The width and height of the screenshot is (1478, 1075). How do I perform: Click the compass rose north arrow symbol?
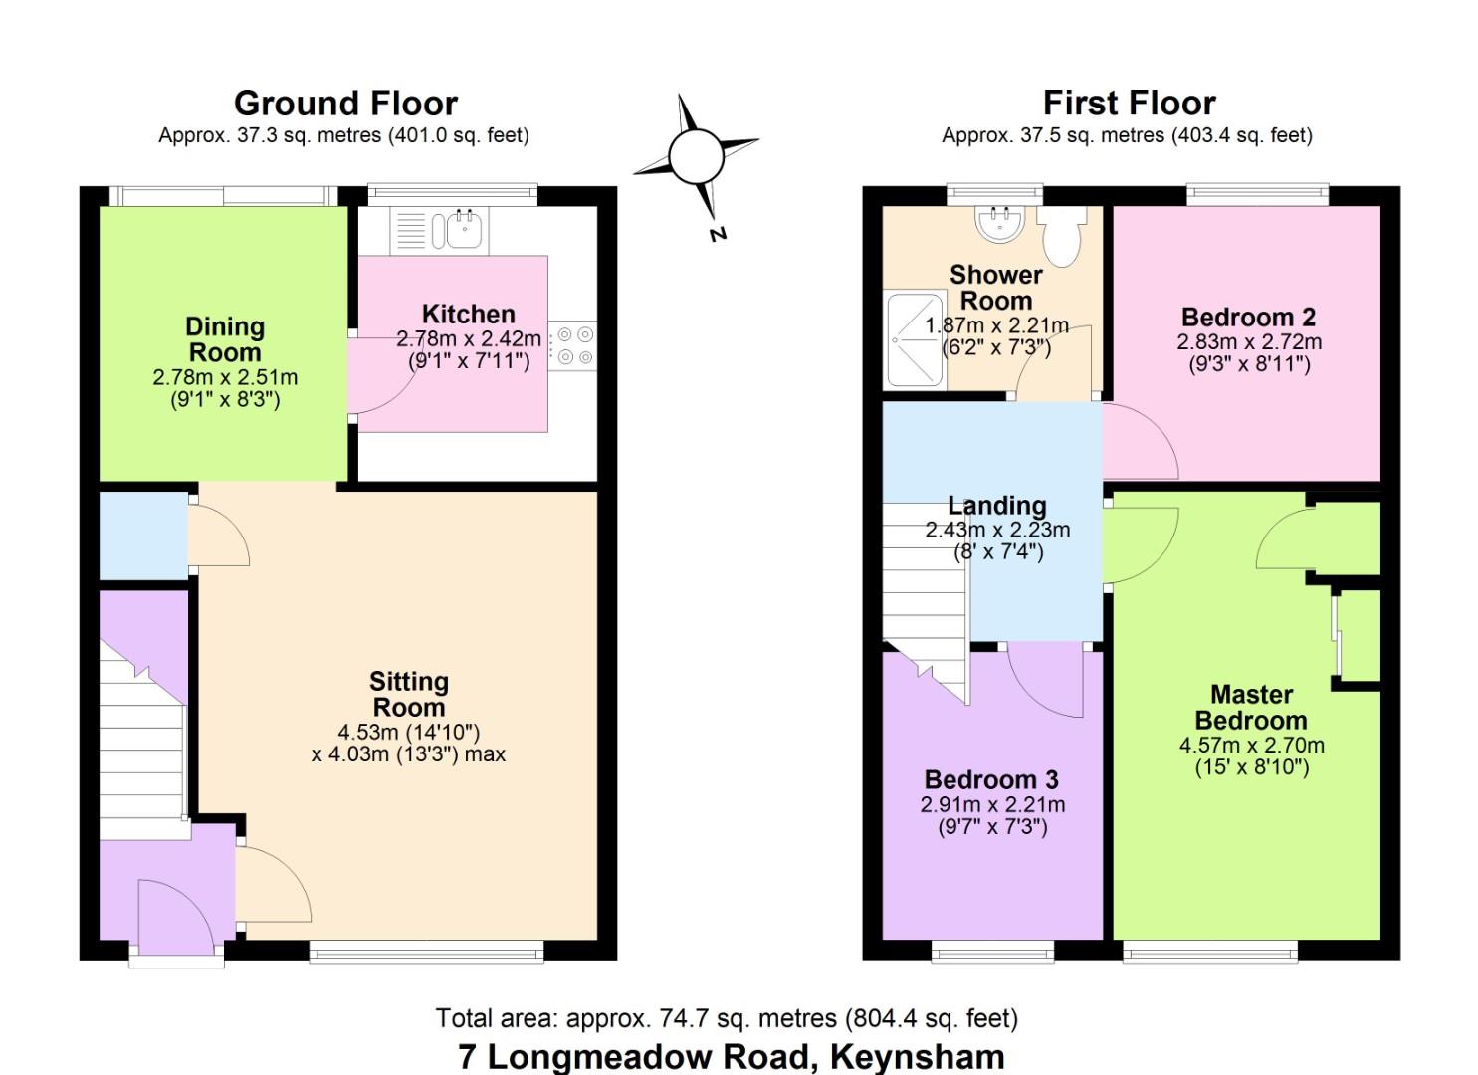point(696,157)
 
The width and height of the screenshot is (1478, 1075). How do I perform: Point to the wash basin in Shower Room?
point(999,224)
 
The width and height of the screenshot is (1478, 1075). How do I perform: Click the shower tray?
point(915,339)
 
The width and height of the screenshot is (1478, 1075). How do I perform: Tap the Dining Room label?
point(225,339)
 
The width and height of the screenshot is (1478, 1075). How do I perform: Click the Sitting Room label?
point(408,694)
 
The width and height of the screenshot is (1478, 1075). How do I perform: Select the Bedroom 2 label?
point(1248,318)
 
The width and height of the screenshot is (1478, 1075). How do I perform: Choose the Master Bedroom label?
point(1251,707)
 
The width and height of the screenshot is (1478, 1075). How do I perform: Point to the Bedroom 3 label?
point(991,780)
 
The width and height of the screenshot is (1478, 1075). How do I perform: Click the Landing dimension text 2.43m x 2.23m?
point(997,531)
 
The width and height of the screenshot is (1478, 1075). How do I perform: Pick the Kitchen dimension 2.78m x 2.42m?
point(469,339)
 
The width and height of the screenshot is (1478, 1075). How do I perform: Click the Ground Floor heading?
point(345,104)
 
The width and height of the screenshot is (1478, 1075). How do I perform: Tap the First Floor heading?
point(1129,104)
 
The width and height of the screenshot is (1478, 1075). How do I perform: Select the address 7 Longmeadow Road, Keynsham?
point(732,1056)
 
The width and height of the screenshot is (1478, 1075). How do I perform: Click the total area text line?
point(727,1019)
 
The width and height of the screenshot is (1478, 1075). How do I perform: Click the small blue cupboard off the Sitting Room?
point(143,536)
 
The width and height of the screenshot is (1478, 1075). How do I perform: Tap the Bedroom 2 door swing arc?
point(1141,443)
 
